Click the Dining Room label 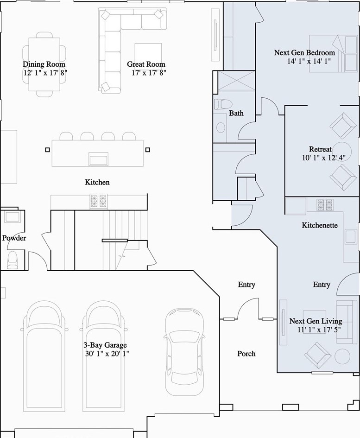pos(44,64)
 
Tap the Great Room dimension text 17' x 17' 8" pos(149,73)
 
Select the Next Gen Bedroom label pos(304,52)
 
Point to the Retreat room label pos(320,149)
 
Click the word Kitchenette pos(320,225)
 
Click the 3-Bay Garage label pos(105,345)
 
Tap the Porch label pos(246,354)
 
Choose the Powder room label pos(14,238)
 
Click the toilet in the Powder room pos(13,260)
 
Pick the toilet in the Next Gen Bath pos(223,104)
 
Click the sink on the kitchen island pos(98,159)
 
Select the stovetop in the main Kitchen pos(99,201)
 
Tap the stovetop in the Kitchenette pos(325,205)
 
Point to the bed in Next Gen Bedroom pos(333,54)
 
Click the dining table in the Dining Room pos(44,64)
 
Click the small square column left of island pos(47,150)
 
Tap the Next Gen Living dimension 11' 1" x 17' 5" pos(319,330)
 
